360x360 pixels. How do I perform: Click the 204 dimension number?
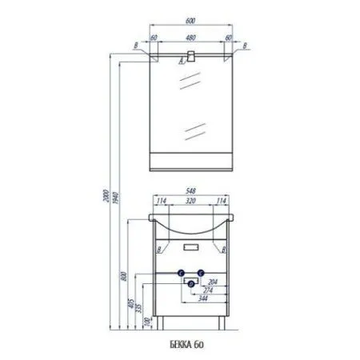pos(212,282)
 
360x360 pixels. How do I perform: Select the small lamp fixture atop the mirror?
pos(194,57)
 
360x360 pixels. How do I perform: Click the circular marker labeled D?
pos(191,283)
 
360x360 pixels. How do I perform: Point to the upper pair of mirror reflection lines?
pos(192,78)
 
